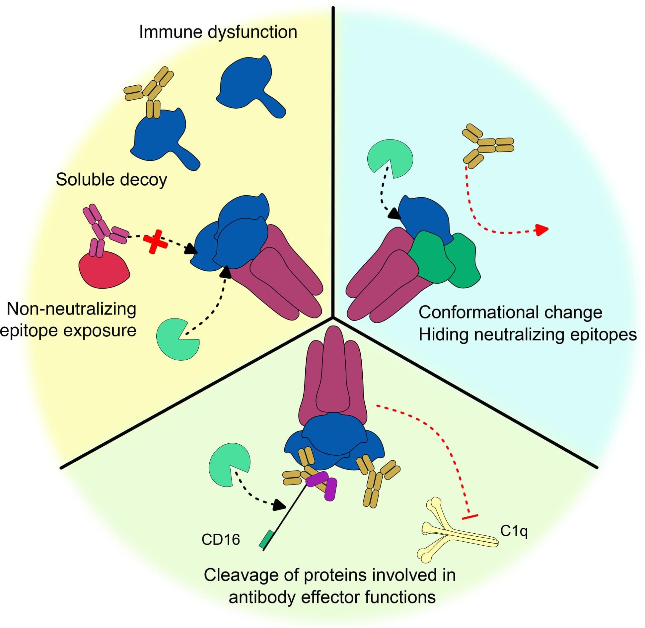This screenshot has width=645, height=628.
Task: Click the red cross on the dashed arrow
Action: [155, 241]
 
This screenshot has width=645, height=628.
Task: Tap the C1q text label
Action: [514, 531]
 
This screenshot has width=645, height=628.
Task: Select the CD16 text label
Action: [221, 539]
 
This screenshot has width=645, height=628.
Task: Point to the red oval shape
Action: [104, 269]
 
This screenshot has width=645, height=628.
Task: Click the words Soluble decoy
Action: [111, 180]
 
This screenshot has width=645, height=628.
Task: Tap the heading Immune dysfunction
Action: [218, 32]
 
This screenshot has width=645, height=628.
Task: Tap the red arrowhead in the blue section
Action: [542, 229]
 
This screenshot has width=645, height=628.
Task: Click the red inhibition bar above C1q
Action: [469, 517]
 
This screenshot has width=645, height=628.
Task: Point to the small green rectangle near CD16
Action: [266, 539]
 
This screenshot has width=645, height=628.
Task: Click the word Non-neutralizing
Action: [72, 309]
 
